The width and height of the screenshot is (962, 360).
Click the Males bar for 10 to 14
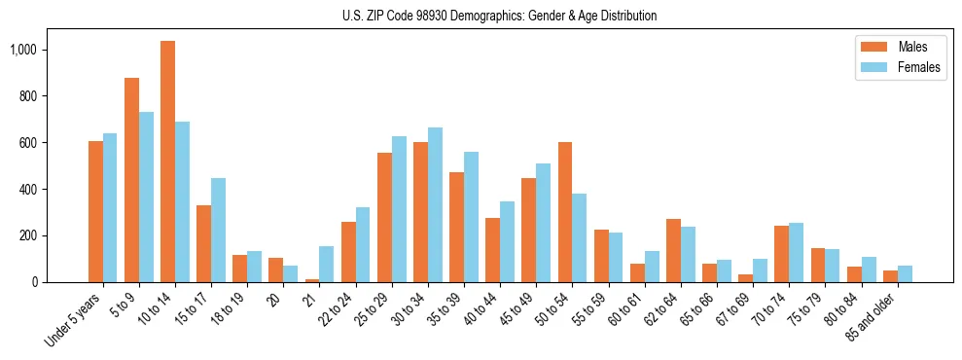tap(167, 162)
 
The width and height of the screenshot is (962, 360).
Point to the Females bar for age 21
tap(326, 264)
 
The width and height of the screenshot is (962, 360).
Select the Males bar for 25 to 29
tap(384, 217)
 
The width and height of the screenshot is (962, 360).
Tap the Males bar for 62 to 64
tap(673, 250)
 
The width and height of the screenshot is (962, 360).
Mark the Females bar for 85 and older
tap(905, 273)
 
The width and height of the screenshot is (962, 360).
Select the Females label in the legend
tap(919, 67)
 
